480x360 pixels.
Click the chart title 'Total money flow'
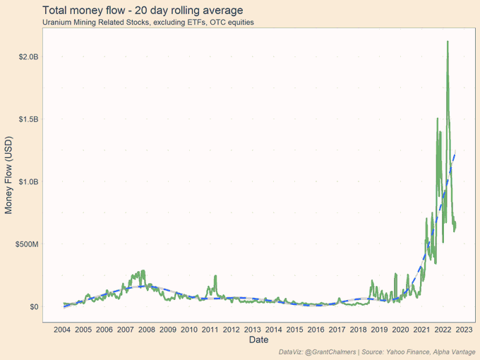143,11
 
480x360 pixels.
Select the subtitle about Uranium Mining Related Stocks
148,22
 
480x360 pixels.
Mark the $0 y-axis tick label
33,307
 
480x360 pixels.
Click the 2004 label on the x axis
62,330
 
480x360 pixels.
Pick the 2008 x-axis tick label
147,330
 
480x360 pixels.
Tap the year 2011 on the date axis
210,330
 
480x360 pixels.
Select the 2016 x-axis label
316,330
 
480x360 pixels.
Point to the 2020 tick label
401,330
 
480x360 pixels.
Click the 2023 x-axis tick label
464,330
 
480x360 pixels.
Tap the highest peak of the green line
448,42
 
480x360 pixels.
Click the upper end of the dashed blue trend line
455,151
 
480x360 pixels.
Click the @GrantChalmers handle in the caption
331,352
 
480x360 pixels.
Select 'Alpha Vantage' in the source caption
451,352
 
